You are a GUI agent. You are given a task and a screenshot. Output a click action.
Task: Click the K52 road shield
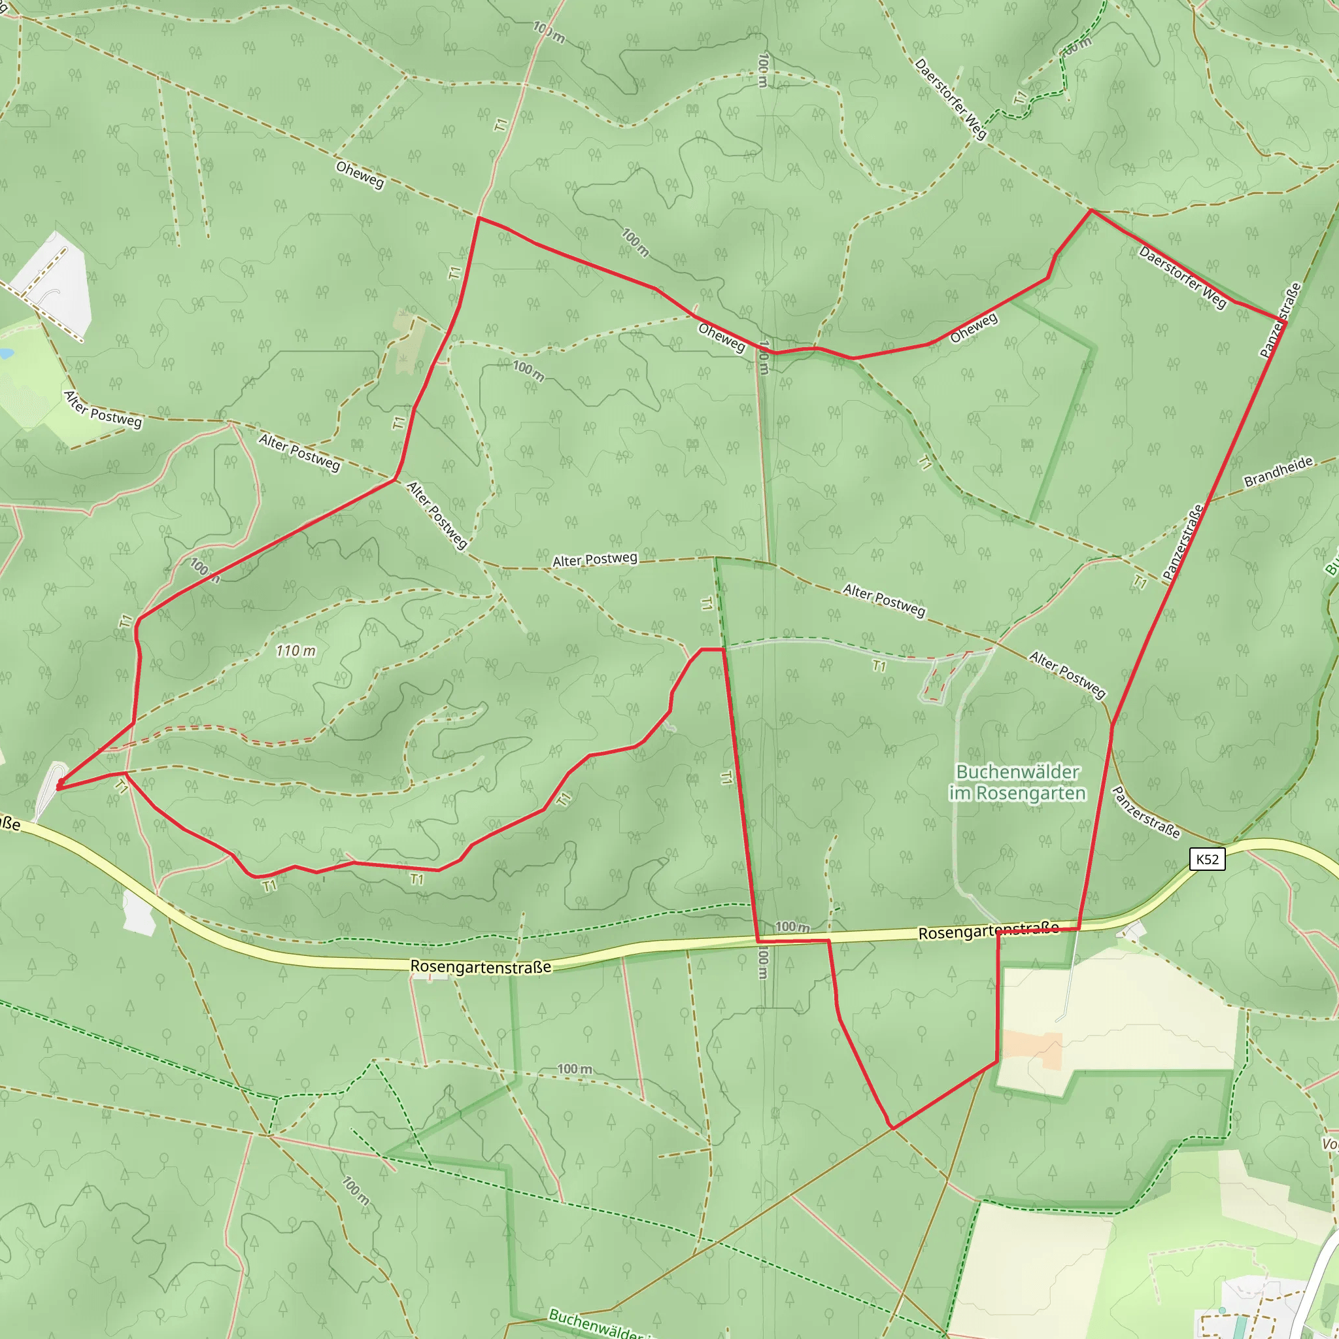(x=1208, y=859)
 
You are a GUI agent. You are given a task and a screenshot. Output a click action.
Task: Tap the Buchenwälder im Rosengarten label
(x=1017, y=783)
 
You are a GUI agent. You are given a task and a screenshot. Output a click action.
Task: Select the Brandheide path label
(x=1279, y=471)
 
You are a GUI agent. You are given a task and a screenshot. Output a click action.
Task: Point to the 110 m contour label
(x=296, y=651)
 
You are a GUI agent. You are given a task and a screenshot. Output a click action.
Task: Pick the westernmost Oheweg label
(x=360, y=175)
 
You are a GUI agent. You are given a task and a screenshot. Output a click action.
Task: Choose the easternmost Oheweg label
(x=974, y=327)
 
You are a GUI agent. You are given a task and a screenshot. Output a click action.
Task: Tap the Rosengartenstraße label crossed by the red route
(x=989, y=932)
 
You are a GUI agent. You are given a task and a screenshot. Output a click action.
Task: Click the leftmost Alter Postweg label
(x=103, y=409)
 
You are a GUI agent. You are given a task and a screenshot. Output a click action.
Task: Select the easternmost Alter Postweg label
(x=1067, y=674)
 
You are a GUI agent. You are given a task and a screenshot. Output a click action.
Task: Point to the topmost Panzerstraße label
(x=1280, y=320)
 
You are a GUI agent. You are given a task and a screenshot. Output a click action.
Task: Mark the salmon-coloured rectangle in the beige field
(x=1032, y=1050)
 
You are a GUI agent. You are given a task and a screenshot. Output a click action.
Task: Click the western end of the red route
(x=59, y=787)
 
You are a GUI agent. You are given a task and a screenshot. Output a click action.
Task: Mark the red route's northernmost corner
(x=1092, y=210)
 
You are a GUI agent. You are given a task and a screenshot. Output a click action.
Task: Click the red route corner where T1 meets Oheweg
(x=478, y=218)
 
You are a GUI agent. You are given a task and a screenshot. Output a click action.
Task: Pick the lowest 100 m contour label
(x=356, y=1190)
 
